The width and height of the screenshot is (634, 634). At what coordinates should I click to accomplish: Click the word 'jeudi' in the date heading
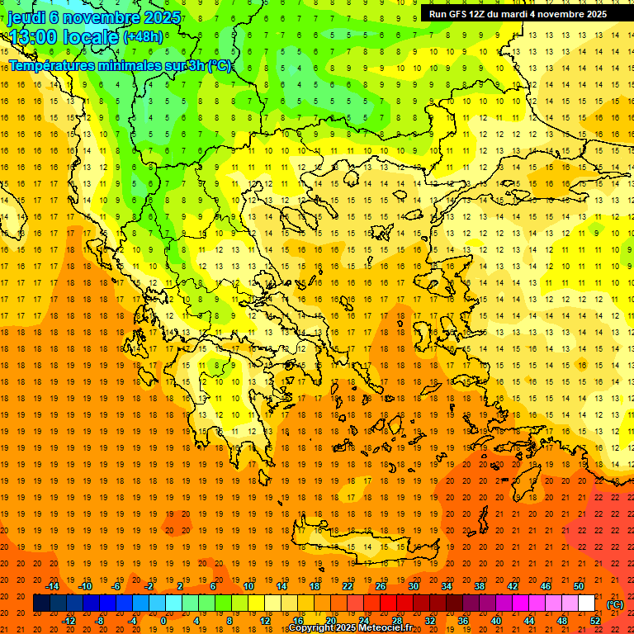pos(26,17)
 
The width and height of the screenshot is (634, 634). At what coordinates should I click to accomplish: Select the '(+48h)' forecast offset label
pos(143,36)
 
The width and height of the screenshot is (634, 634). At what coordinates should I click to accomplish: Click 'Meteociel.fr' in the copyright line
pos(385,628)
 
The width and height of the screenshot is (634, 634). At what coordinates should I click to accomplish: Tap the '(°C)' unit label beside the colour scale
pos(615,604)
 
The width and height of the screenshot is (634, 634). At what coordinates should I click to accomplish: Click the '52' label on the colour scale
pos(595,620)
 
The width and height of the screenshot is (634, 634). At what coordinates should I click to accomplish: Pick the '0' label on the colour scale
pos(163,620)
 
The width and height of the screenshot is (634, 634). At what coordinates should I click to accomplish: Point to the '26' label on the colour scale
pos(381,586)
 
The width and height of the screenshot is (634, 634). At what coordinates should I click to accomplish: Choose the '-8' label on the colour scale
pos(100,620)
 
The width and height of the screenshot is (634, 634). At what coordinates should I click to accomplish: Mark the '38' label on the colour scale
pos(480,586)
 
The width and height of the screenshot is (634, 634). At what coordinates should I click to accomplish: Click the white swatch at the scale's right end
pos(587,603)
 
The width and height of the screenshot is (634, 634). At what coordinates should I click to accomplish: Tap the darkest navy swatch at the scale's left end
pos(41,603)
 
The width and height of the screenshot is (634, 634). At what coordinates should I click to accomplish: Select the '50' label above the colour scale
pos(579,586)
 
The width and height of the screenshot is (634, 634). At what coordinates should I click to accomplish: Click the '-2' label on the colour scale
pos(149,586)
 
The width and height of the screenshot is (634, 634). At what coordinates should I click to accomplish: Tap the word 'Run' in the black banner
pos(438,14)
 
